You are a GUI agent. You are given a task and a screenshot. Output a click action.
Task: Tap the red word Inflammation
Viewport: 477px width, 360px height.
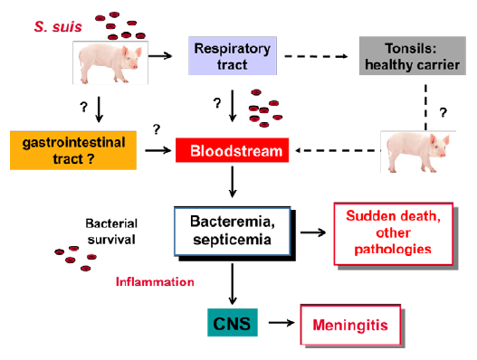[x=155, y=281]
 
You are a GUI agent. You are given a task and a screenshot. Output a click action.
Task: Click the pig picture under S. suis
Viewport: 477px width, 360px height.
[x=109, y=62]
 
